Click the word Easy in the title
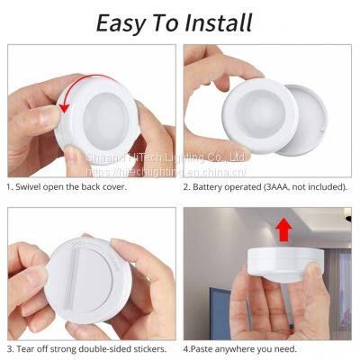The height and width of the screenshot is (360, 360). (x=125, y=22)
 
